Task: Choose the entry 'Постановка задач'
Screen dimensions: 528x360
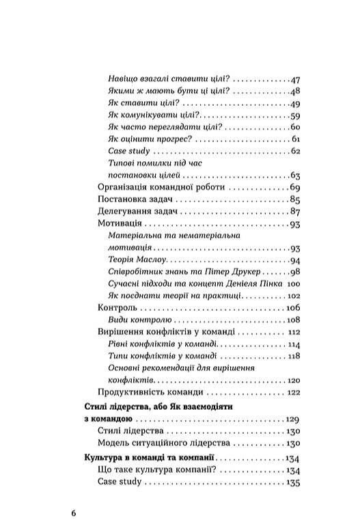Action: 128,199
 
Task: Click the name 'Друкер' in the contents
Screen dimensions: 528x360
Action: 232,272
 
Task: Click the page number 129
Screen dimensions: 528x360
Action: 294,418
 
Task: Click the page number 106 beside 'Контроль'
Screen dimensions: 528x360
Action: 294,308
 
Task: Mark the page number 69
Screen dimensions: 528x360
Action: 296,187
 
